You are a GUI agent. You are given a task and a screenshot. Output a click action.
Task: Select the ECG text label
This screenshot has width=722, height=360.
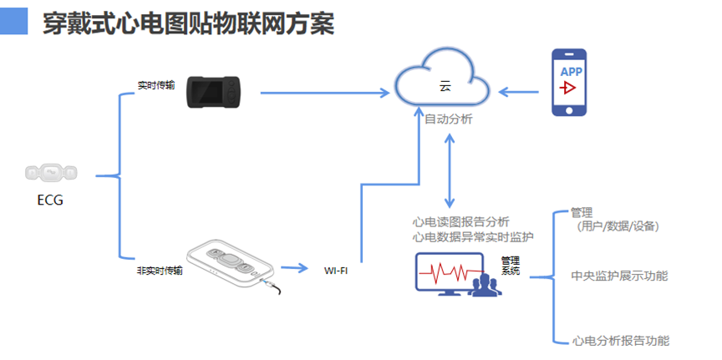click(x=50, y=200)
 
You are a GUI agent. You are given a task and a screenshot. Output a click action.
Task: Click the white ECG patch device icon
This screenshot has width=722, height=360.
click(x=51, y=173)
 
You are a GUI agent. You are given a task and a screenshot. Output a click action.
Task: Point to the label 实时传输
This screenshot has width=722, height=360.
click(x=156, y=85)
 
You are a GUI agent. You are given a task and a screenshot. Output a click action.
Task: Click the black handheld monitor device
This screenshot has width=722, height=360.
click(x=213, y=93)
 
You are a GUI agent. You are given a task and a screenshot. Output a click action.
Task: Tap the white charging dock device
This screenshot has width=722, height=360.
click(x=231, y=266)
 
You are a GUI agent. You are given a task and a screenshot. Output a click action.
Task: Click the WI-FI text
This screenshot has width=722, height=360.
click(x=336, y=271)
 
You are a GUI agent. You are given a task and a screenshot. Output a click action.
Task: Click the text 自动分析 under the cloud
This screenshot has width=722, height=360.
click(x=449, y=119)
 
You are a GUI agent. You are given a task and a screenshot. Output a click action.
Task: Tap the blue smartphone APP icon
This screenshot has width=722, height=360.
click(x=571, y=82)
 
